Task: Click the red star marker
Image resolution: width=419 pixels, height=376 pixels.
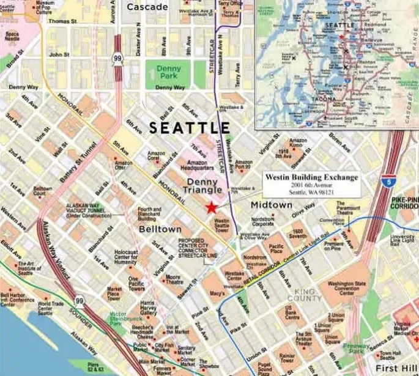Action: point(212,207)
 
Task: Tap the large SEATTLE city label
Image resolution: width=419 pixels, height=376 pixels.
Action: point(190,128)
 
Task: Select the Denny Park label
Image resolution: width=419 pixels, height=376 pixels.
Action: point(169,73)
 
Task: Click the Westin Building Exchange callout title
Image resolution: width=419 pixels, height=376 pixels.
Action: point(311,178)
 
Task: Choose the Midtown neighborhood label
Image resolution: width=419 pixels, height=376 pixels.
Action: point(272,205)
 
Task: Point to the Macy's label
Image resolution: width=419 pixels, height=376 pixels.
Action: point(218,293)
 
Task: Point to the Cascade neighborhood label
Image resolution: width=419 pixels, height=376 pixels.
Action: point(147,7)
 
